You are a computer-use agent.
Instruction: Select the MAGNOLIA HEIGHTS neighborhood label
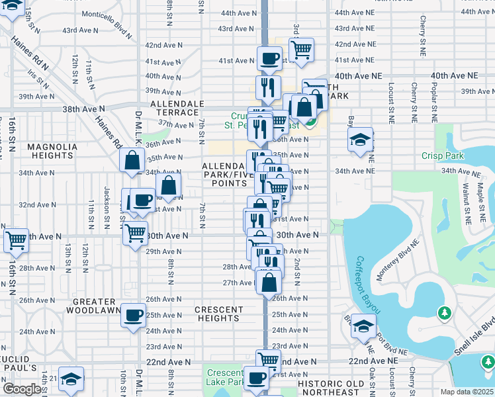[x=51, y=151]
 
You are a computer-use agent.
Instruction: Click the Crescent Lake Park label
[x=225, y=378]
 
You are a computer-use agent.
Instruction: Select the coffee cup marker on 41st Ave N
[x=269, y=58]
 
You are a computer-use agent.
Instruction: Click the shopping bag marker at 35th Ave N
[x=132, y=159]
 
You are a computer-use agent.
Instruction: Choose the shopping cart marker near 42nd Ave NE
[x=301, y=49]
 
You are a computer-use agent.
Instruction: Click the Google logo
[x=22, y=389]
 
